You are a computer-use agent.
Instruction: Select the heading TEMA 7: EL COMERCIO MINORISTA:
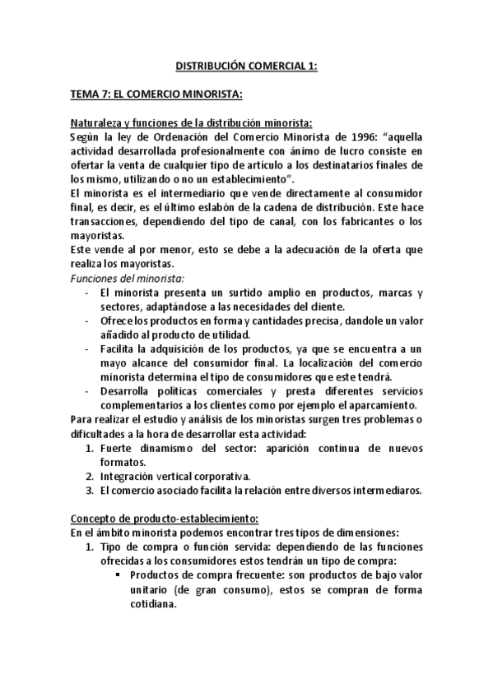pos(156,95)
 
